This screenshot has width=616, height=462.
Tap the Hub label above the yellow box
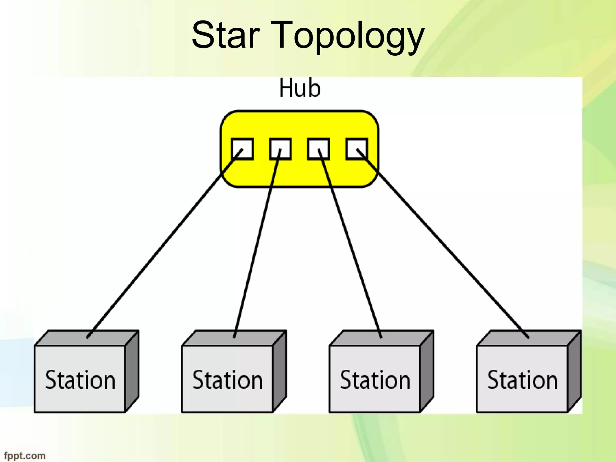[300, 88]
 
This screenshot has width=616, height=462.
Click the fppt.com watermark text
[25, 456]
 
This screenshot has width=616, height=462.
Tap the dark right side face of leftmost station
[132, 371]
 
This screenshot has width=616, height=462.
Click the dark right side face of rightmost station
[574, 371]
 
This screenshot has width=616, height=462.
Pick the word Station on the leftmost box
[80, 380]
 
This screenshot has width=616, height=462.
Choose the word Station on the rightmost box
[522, 380]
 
